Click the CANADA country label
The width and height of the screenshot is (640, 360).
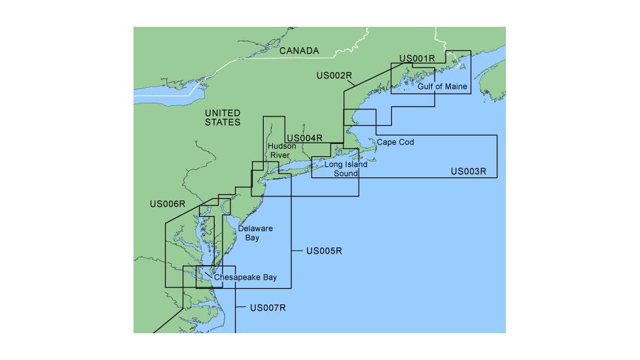click(299, 50)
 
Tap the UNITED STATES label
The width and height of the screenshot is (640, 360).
click(222, 118)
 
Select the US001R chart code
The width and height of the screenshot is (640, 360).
click(417, 58)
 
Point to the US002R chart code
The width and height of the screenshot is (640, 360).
click(334, 75)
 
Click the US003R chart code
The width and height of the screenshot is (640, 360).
click(469, 171)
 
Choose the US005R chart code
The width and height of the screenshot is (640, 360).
click(325, 251)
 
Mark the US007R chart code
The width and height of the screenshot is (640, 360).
click(268, 307)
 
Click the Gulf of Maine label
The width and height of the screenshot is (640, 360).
click(442, 86)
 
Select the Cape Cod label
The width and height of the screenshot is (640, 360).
click(395, 142)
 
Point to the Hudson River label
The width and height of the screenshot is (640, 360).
click(283, 151)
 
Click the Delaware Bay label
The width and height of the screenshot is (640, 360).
click(255, 233)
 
